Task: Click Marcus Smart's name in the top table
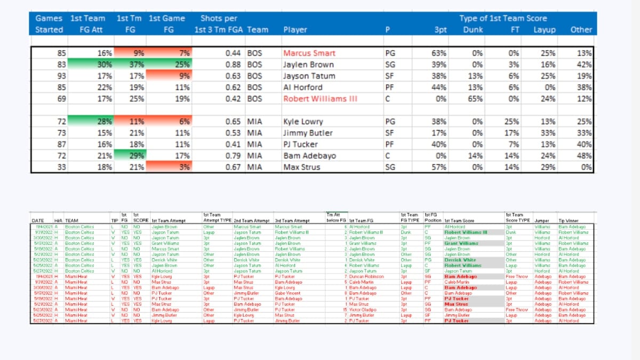[x=309, y=53]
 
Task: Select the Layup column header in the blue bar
[x=545, y=30]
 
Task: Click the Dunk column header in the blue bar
[x=473, y=30]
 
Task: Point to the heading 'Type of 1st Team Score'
[x=503, y=18]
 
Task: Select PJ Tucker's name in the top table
[x=300, y=145]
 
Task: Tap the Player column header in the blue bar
[x=295, y=30]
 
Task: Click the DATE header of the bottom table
[x=38, y=220]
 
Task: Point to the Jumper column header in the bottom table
[x=541, y=220]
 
